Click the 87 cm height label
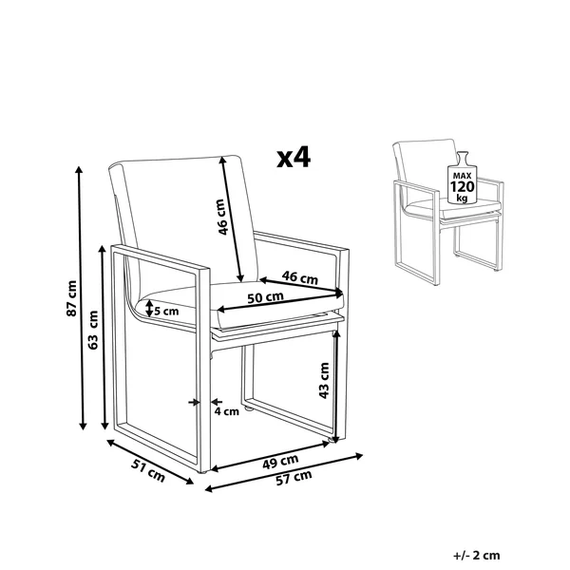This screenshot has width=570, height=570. click(x=72, y=298)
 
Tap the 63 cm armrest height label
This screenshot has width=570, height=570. click(x=93, y=330)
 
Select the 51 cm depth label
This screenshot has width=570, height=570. click(x=148, y=470)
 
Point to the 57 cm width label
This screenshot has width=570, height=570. click(x=294, y=478)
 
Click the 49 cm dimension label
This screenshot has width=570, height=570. click(x=280, y=462)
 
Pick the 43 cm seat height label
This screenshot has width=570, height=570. click(x=324, y=380)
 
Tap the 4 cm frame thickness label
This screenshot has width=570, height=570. click(x=226, y=411)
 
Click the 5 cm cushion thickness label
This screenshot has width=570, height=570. click(x=167, y=312)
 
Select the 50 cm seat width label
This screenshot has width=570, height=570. click(x=265, y=297)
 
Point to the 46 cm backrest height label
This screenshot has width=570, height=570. click(x=222, y=217)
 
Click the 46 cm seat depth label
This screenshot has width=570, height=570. click(x=300, y=277)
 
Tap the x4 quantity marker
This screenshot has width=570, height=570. click(x=294, y=158)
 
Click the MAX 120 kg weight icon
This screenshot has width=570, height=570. click(x=463, y=178)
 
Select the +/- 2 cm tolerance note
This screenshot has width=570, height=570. click(x=477, y=556)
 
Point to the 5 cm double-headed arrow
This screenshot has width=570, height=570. click(x=149, y=309)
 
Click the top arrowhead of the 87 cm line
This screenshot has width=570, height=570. click(x=79, y=169)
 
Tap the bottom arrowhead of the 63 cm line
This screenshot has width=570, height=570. click(x=105, y=426)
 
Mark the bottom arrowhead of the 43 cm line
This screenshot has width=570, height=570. click(x=336, y=440)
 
